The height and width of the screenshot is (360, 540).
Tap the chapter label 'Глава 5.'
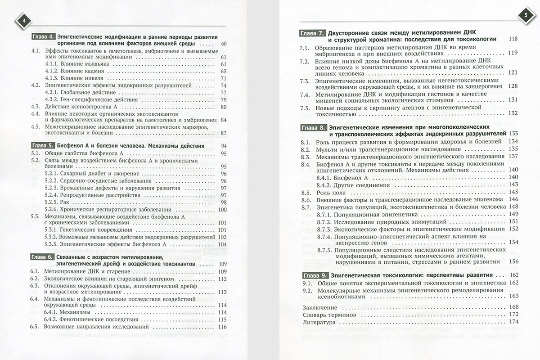[x=44, y=146]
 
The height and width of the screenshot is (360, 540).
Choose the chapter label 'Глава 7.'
[x=312, y=33]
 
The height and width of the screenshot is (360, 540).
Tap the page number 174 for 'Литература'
[x=513, y=322]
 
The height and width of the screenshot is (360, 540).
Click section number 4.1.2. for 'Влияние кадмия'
[x=54, y=72]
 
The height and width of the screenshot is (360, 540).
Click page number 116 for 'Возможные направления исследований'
[x=221, y=327]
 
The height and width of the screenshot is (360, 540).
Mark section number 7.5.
[x=305, y=108]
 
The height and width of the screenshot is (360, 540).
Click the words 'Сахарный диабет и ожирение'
[x=98, y=174]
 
